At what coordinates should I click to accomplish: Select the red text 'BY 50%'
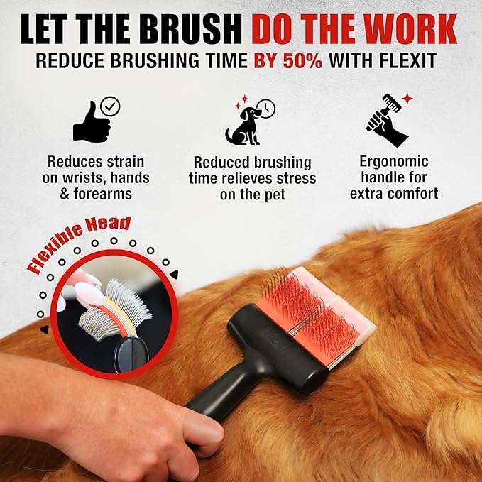(x=288, y=60)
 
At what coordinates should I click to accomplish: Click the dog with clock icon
(x=244, y=125)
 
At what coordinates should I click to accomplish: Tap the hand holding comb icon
(x=386, y=121)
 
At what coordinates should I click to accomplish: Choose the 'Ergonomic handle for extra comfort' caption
(x=394, y=177)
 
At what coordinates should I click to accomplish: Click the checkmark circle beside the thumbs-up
(x=111, y=106)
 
